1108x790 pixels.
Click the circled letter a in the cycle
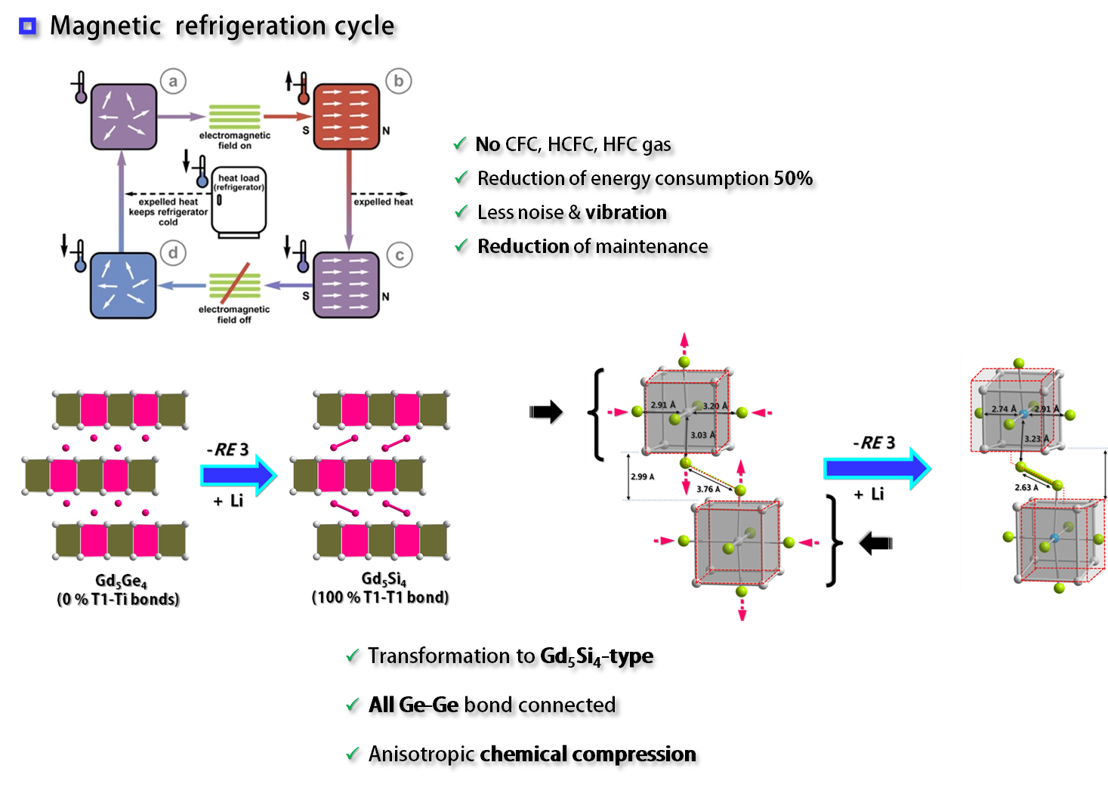click(x=173, y=82)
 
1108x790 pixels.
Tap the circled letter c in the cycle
click(x=400, y=255)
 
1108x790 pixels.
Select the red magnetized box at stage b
click(x=347, y=116)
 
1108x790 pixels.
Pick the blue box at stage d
click(x=123, y=285)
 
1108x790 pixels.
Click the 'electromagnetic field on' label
click(x=235, y=140)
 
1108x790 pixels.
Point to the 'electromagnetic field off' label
click(x=234, y=314)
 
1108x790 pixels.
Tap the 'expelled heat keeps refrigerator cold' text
click(x=168, y=212)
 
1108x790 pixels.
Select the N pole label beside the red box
click(x=386, y=131)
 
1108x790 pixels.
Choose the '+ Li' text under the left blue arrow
click(x=228, y=501)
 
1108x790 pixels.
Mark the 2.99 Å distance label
click(x=642, y=477)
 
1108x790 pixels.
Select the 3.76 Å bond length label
click(x=708, y=489)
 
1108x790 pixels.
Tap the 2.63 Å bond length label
click(x=1026, y=487)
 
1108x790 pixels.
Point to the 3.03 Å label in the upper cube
click(x=702, y=435)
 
